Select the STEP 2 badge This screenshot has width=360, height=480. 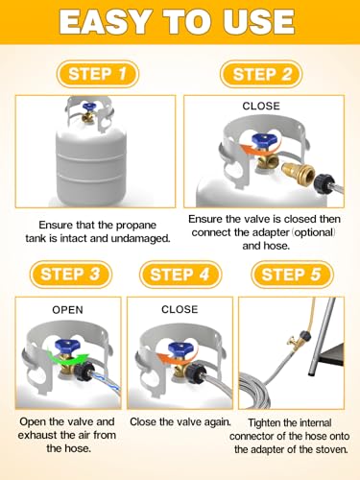coord(256,74)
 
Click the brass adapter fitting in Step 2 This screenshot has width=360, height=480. coord(294,177)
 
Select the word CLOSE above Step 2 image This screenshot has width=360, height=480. coord(261,107)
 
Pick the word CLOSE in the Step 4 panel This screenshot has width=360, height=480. coord(180,310)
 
